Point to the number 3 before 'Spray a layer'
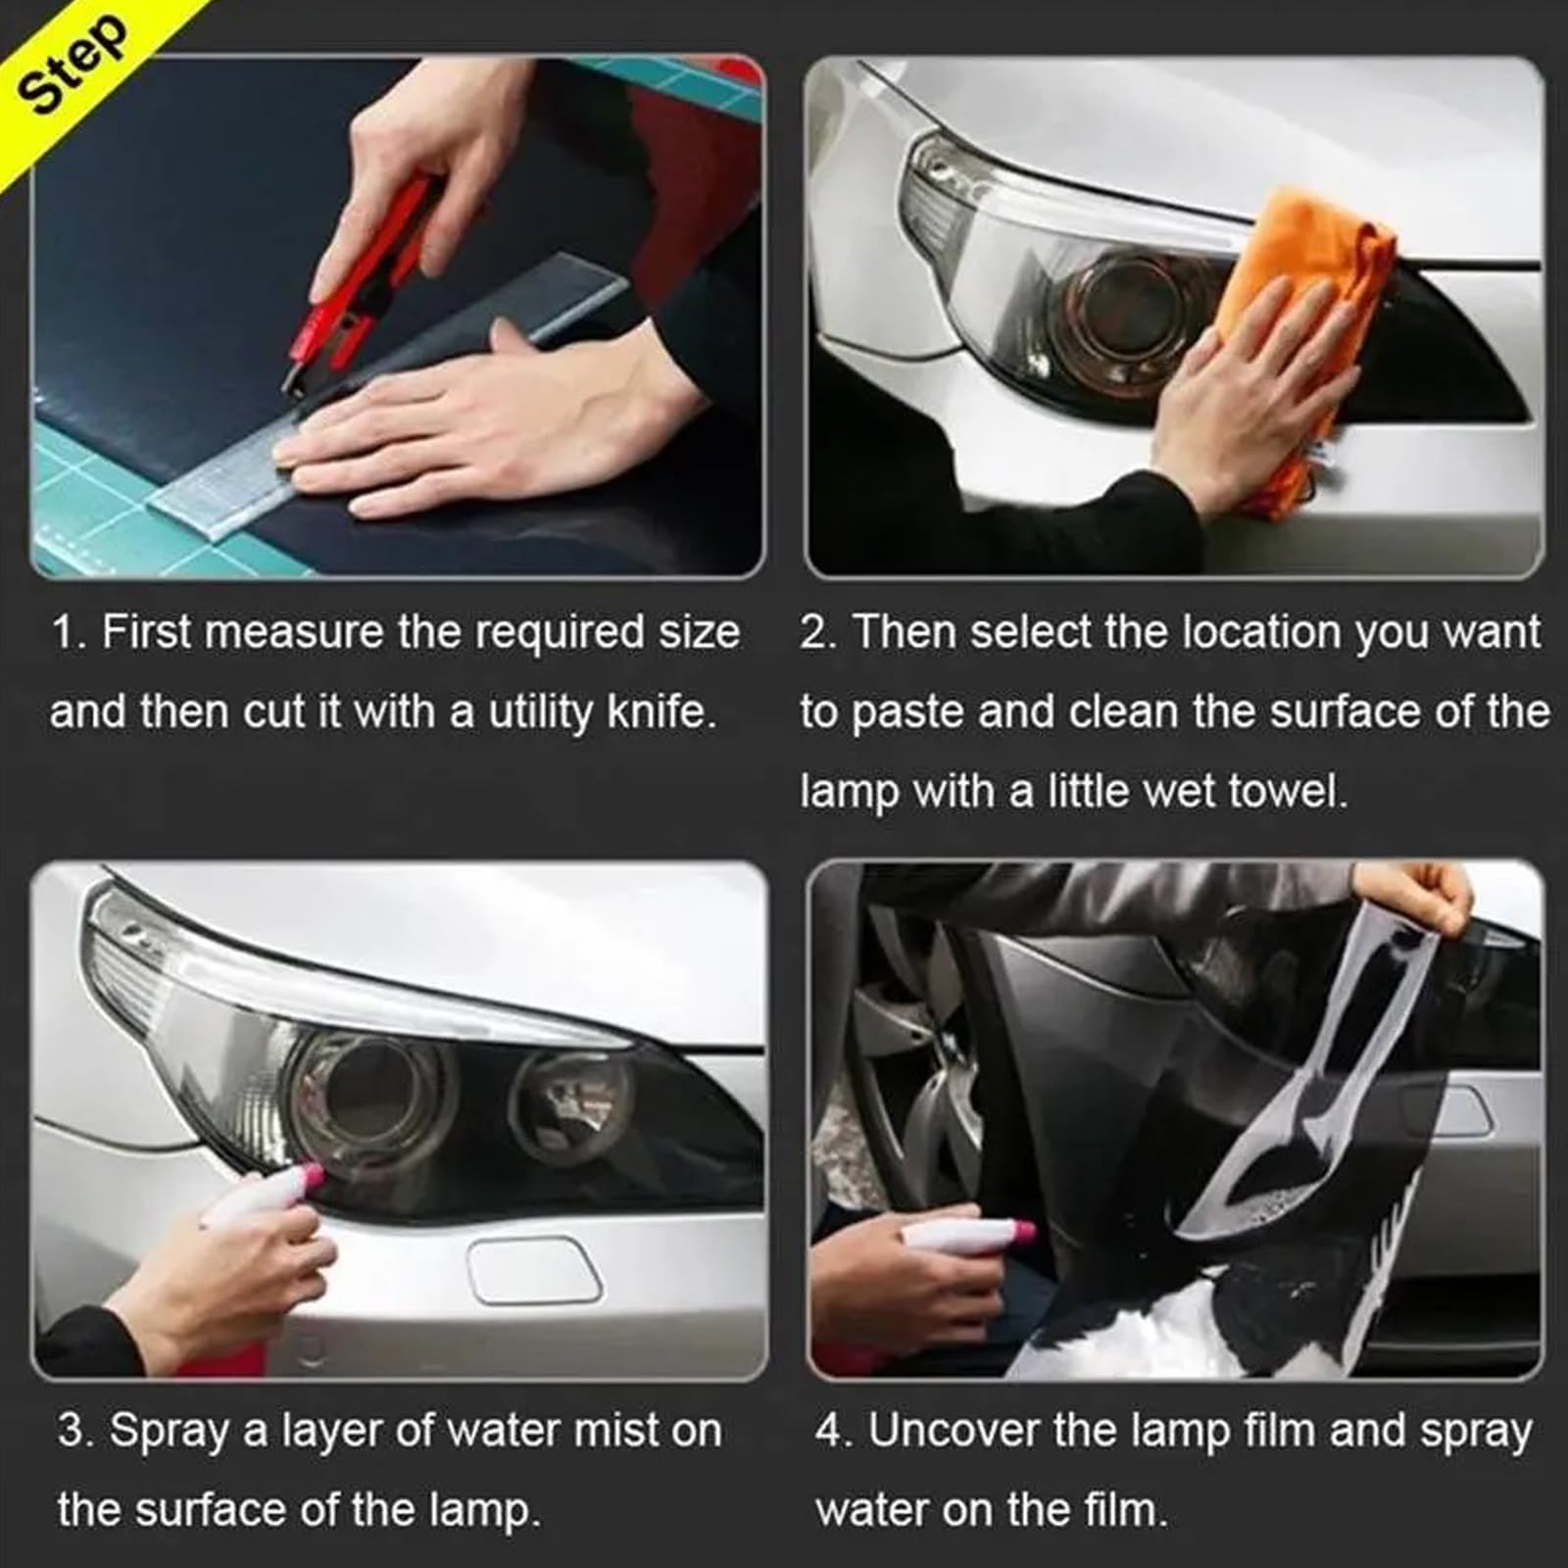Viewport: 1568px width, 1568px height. pyautogui.click(x=73, y=1431)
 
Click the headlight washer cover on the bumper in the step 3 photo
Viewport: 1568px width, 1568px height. pyautogui.click(x=534, y=1271)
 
